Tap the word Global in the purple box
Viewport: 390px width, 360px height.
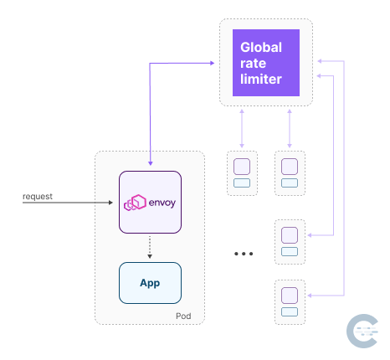point(260,47)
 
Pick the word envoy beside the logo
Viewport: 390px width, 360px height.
point(162,203)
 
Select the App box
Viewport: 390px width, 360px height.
point(150,283)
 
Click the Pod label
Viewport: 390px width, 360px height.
point(185,315)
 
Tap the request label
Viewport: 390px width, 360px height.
point(38,197)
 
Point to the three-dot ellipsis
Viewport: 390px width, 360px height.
point(244,253)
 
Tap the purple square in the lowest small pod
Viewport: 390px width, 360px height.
point(290,295)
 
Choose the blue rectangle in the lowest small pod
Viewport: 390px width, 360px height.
point(290,311)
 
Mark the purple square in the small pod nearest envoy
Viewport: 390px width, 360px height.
point(242,165)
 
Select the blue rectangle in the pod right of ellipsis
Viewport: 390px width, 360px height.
point(290,249)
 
